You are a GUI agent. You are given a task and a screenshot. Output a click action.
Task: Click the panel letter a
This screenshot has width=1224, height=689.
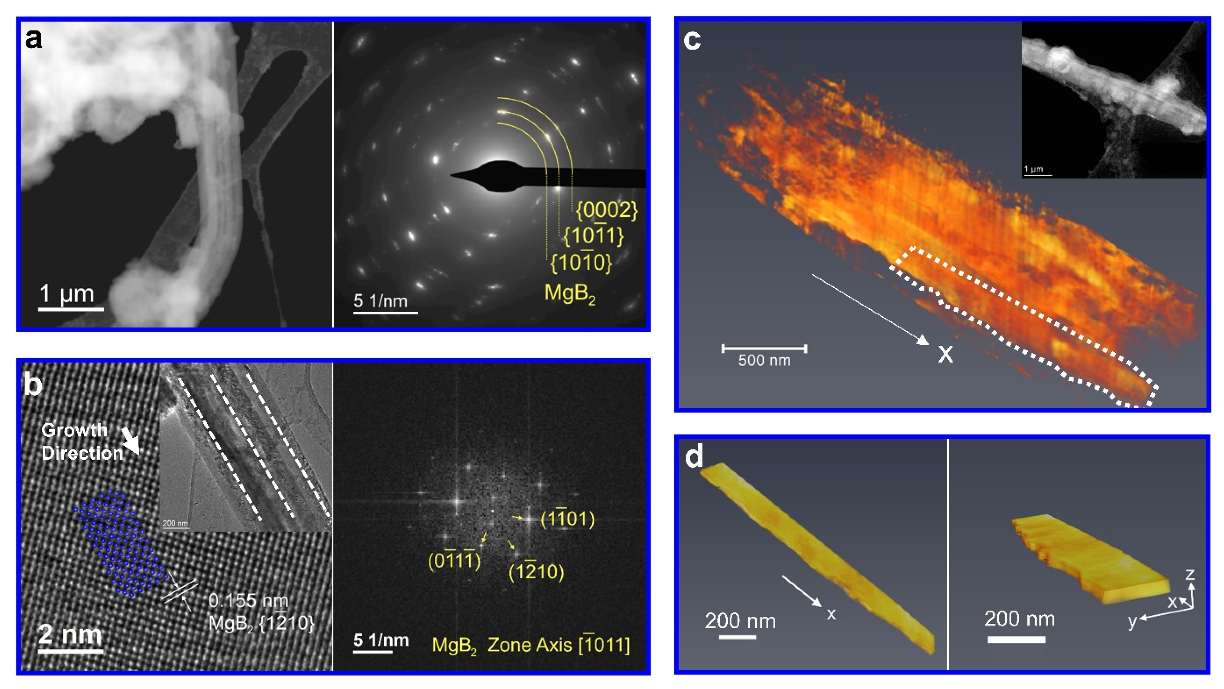33,39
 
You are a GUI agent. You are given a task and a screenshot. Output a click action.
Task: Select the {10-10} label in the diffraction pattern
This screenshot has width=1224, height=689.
581,263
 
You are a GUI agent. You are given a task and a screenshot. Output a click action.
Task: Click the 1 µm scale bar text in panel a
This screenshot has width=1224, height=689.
67,293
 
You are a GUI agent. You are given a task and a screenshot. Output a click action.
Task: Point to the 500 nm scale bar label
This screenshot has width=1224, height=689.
764,361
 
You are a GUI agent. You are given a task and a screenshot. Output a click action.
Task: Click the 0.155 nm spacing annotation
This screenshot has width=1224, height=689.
248,601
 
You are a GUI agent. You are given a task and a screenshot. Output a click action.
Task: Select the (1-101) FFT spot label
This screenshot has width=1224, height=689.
567,519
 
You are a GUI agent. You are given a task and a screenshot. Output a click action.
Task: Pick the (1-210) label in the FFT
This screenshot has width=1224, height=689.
536,572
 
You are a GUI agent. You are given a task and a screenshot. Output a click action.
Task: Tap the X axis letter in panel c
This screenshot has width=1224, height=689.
945,354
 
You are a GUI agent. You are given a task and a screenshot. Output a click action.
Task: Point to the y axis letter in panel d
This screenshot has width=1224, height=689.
1132,621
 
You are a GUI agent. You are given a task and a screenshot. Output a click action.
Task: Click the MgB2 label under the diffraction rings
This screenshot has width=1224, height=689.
569,293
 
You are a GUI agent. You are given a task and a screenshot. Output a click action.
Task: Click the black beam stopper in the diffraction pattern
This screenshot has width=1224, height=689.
546,177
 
